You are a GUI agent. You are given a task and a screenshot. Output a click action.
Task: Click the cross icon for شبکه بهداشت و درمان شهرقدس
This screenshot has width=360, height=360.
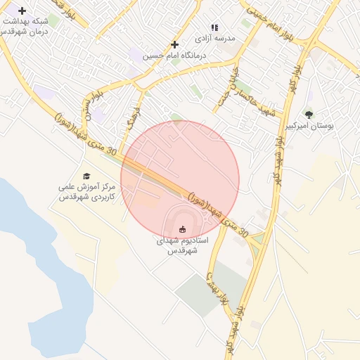tap(22, 11)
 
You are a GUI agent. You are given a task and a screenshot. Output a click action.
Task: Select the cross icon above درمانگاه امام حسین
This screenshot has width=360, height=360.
tap(175, 44)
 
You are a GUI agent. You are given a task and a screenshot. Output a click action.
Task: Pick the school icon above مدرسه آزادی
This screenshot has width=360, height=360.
tap(214, 27)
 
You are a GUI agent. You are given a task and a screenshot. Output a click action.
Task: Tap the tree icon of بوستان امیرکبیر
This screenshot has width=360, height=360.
tap(309, 115)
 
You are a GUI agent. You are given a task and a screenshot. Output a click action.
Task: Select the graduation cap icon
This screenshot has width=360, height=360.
tap(86, 176)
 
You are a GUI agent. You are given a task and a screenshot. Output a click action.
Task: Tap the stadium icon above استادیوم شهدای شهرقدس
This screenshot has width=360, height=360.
tap(183, 229)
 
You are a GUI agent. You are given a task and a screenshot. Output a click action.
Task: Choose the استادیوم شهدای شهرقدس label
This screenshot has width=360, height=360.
tap(181, 245)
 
